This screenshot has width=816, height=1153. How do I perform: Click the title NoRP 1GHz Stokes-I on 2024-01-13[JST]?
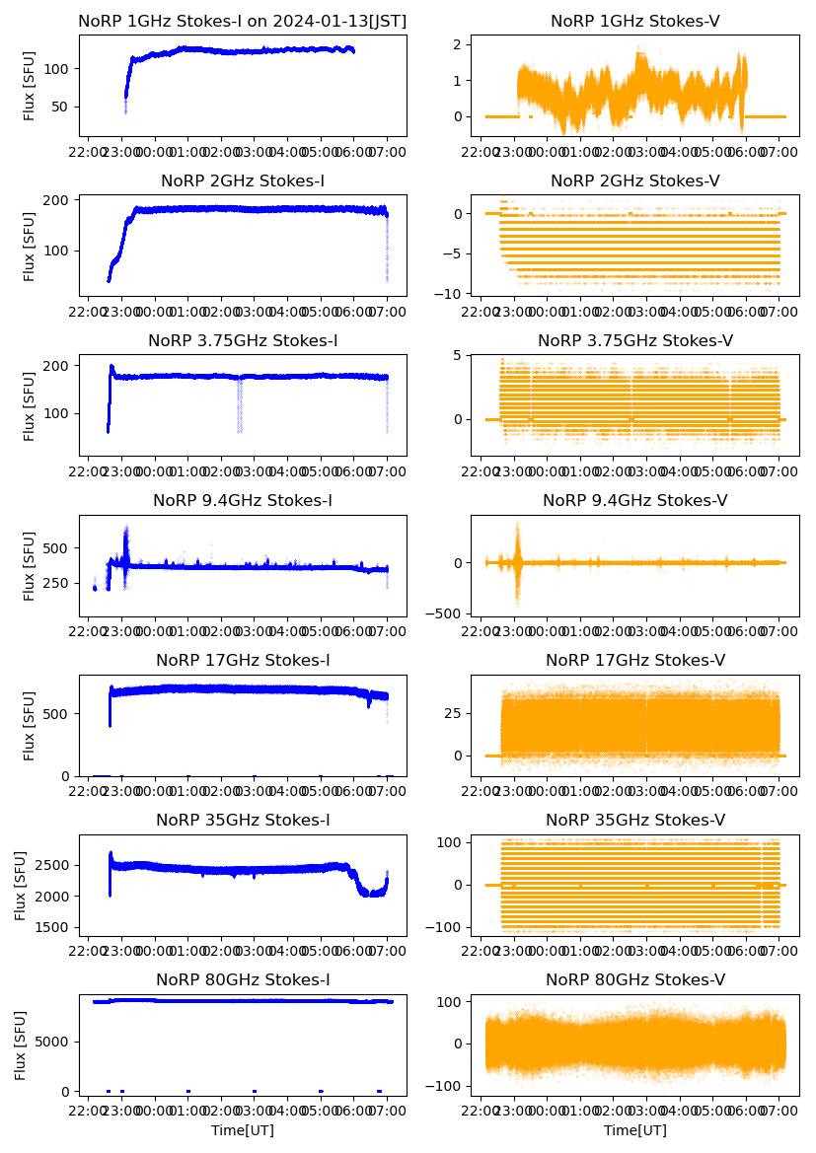(242, 21)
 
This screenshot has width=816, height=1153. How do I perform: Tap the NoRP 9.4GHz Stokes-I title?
(242, 501)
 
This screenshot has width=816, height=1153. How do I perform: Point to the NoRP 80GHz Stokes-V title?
(634, 980)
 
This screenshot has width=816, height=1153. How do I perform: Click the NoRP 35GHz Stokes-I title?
(242, 821)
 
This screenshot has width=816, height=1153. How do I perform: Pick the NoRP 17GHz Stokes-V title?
(634, 661)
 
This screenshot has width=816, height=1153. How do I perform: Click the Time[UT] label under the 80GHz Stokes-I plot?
(242, 1130)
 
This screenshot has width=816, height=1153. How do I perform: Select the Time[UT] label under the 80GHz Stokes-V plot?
(634, 1130)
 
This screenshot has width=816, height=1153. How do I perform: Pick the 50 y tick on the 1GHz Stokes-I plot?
(59, 107)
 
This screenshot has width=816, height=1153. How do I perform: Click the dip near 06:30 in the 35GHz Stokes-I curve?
(371, 893)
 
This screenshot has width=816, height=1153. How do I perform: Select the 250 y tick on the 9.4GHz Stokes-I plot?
(55, 583)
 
